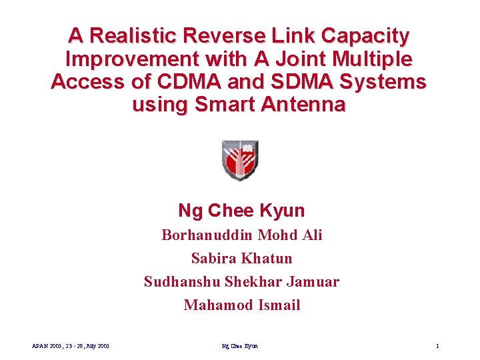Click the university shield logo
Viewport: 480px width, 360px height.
tap(239, 160)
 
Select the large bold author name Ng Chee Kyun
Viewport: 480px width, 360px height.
tap(241, 211)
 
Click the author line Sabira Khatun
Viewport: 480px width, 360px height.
tap(241, 258)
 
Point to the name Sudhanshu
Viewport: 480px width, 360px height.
tap(181, 282)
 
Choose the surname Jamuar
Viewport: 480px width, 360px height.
tap(313, 282)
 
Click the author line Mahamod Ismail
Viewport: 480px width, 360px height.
tap(241, 305)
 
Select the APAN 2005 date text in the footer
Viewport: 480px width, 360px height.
tap(71, 346)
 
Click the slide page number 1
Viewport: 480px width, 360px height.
tap(437, 346)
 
